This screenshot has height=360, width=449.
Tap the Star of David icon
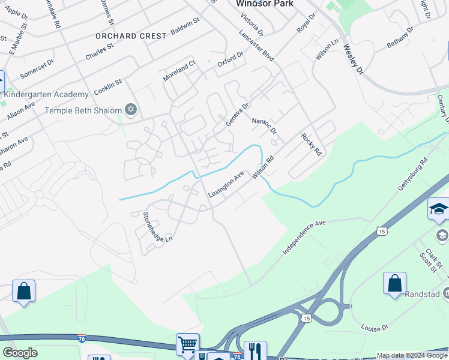click(131, 109)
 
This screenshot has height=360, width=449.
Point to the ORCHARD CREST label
click(131, 36)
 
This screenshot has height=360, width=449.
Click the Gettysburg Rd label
click(414, 175)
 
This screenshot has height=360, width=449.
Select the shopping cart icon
click(187, 344)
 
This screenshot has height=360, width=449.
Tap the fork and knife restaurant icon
click(255, 350)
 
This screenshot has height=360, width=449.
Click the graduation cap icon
click(438, 209)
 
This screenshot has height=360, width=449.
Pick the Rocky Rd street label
click(312, 145)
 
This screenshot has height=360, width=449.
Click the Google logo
click(20, 353)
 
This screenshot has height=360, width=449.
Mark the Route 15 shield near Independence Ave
click(382, 230)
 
